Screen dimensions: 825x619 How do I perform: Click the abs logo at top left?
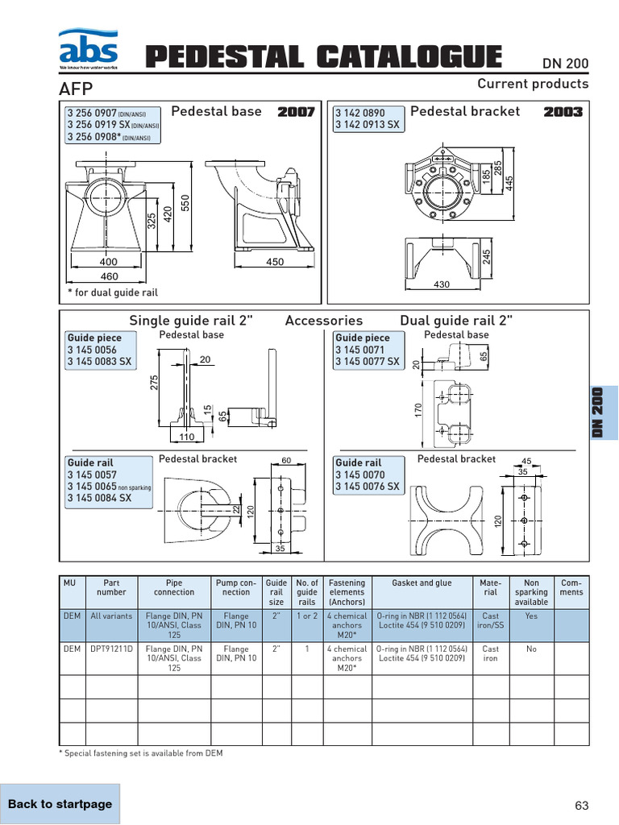coord(88,49)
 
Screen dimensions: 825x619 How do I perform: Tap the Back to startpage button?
coord(60,803)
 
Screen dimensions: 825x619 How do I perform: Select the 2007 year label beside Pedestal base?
coord(296,112)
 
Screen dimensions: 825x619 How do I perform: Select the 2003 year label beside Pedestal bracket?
coord(563,112)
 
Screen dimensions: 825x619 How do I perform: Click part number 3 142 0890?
coord(360,114)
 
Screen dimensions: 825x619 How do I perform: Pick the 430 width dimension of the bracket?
coord(442,284)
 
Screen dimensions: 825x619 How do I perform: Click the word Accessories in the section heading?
coord(324,321)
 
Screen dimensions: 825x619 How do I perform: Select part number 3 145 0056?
coord(92,350)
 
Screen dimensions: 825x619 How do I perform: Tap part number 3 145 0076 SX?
coord(367,487)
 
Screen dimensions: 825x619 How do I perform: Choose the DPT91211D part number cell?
coord(111,649)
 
